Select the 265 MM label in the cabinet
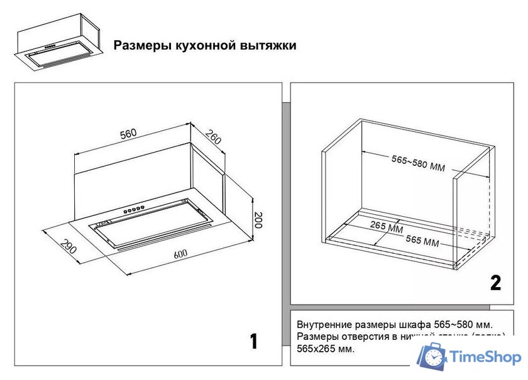[387, 227]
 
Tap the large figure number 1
[253, 341]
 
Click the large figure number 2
[496, 283]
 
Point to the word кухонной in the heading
[201, 46]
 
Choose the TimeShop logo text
[486, 357]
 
